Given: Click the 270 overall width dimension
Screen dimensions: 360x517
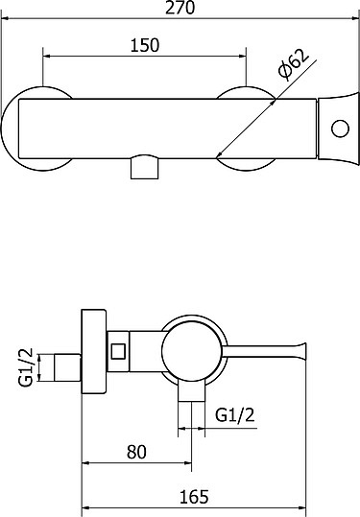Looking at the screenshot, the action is click(x=180, y=8).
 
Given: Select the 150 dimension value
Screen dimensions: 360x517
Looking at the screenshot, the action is click(x=145, y=45).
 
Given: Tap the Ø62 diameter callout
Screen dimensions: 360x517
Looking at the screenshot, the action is click(x=293, y=64).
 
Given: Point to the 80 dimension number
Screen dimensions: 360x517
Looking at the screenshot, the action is click(x=136, y=452).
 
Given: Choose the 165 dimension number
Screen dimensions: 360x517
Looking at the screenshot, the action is click(x=194, y=497).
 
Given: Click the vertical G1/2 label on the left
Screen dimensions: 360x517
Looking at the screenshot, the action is click(x=26, y=366).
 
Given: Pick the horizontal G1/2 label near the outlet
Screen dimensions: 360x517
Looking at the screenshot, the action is click(x=235, y=414).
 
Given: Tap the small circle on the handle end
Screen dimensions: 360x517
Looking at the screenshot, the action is click(x=340, y=129).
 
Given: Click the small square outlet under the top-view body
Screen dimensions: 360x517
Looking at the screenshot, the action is click(x=145, y=168).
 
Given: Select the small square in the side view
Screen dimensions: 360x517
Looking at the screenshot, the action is click(x=118, y=351).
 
